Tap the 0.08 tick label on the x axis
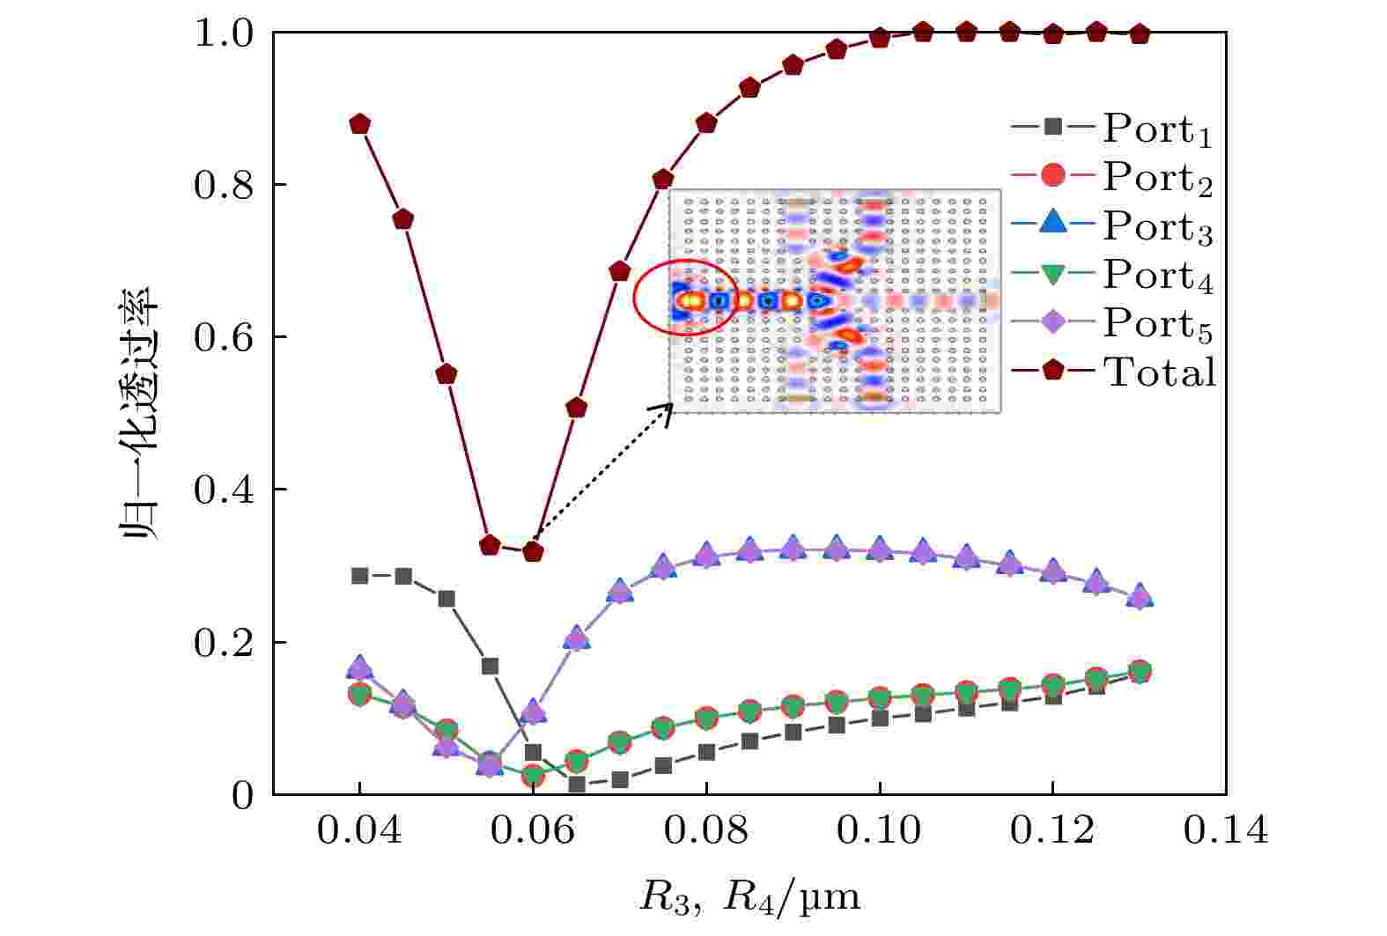point(705,830)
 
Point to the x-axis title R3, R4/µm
point(749,896)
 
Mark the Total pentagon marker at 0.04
point(359,124)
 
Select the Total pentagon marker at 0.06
point(533,552)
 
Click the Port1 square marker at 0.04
point(359,576)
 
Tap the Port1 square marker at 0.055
point(490,666)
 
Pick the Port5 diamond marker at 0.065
point(576,638)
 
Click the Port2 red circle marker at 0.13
point(1140,672)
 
